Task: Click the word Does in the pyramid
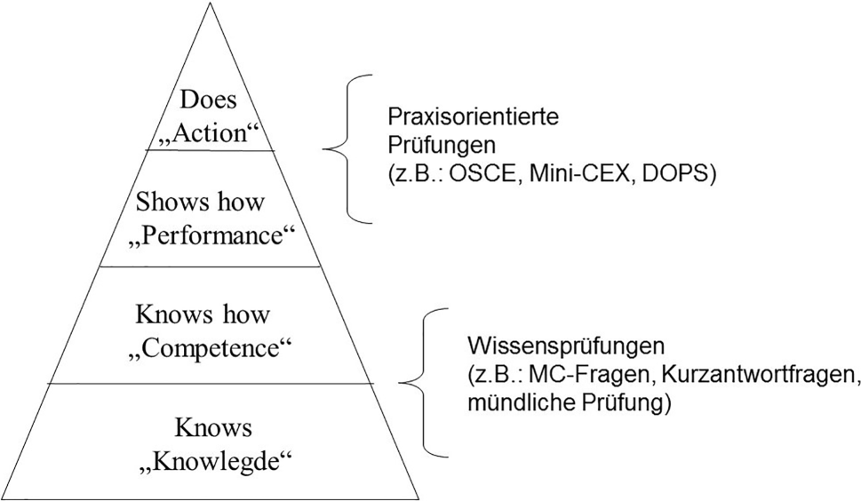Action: [x=210, y=99]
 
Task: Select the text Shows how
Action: [x=201, y=202]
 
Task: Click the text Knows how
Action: [x=203, y=314]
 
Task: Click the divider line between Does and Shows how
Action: [x=210, y=151]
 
